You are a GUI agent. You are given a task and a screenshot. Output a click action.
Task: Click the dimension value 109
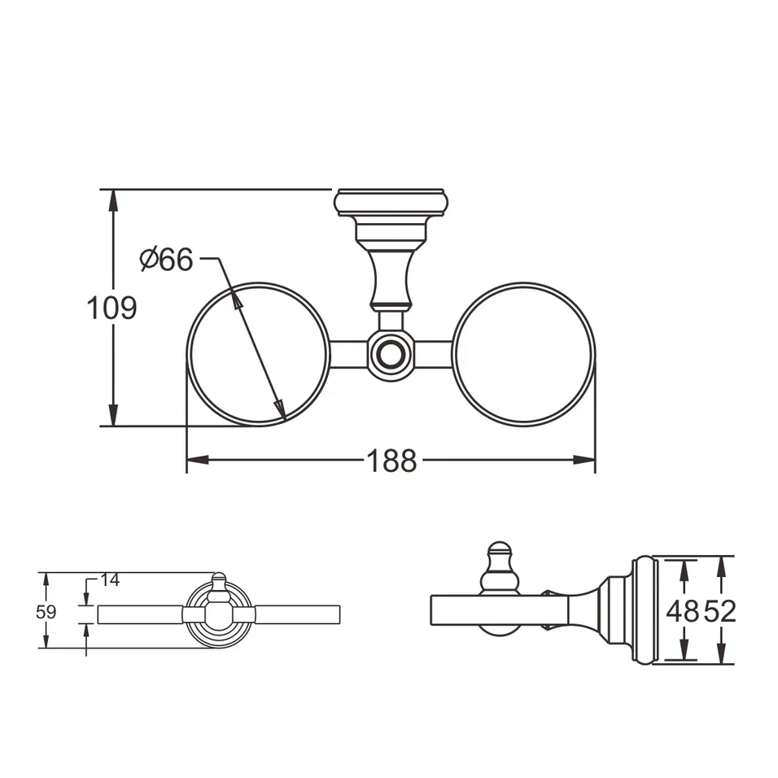click(112, 308)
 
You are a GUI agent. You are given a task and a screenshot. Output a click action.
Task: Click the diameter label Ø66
click(166, 260)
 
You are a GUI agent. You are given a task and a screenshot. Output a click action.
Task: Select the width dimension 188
click(391, 461)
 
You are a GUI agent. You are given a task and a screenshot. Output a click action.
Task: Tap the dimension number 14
click(110, 580)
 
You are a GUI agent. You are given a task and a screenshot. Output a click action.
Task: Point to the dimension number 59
click(46, 612)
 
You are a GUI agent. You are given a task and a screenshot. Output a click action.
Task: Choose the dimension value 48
click(682, 611)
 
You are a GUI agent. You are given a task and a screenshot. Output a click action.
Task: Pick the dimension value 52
click(719, 611)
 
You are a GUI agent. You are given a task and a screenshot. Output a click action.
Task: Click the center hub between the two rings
click(391, 355)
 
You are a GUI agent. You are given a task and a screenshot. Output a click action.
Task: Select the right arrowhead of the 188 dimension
click(588, 460)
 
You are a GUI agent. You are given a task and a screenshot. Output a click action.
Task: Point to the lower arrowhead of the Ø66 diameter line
click(280, 409)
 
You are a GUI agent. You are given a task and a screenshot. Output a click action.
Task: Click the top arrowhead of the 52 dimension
click(720, 565)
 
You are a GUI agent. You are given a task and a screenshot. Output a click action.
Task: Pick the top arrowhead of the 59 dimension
click(46, 579)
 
